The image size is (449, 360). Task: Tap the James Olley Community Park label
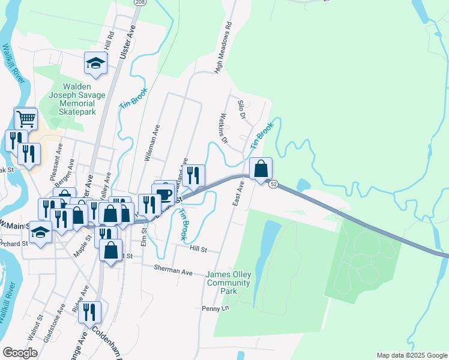pyautogui.click(x=228, y=283)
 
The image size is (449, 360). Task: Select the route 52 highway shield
pyautogui.click(x=274, y=184)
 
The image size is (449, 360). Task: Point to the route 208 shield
pyautogui.click(x=140, y=3)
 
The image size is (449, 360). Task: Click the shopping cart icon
pyautogui.click(x=25, y=119)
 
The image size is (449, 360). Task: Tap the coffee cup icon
pyautogui.click(x=164, y=193)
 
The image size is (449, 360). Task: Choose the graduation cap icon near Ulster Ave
pyautogui.click(x=95, y=62)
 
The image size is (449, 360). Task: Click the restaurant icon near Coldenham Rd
pyautogui.click(x=89, y=312)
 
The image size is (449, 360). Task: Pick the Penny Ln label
pyautogui.click(x=216, y=308)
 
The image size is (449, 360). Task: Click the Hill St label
pyautogui.click(x=198, y=249)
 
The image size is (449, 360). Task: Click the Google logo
pyautogui.click(x=20, y=353)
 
